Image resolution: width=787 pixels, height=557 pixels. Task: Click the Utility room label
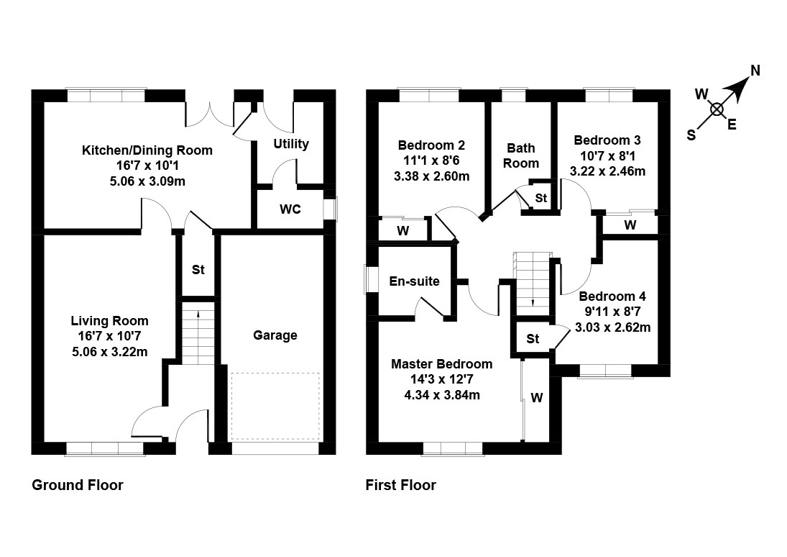pyautogui.click(x=291, y=144)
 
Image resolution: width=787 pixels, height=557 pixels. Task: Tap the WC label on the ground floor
pyautogui.click(x=290, y=209)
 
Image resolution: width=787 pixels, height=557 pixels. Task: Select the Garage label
pyautogui.click(x=275, y=335)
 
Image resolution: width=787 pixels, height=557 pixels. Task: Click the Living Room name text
pyautogui.click(x=109, y=321)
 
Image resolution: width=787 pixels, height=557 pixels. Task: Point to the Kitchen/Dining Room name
pyautogui.click(x=147, y=150)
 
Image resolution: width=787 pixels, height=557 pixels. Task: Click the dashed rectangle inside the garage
pyautogui.click(x=275, y=406)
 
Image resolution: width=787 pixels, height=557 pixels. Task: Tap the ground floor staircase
pyautogui.click(x=197, y=334)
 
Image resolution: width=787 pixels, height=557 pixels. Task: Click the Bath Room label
pyautogui.click(x=521, y=155)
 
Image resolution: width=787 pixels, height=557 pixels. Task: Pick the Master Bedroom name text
pyautogui.click(x=441, y=364)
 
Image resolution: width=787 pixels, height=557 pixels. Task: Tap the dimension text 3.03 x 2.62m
pyautogui.click(x=613, y=327)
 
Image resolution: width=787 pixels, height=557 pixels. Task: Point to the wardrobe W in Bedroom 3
pyautogui.click(x=630, y=225)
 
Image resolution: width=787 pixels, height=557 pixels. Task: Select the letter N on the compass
pyautogui.click(x=755, y=71)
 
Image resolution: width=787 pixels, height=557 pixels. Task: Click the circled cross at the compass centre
pyautogui.click(x=717, y=109)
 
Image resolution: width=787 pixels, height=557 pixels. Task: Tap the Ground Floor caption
pyautogui.click(x=78, y=485)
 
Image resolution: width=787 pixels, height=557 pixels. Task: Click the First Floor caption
pyautogui.click(x=400, y=485)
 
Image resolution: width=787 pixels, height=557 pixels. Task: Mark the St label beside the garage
pyautogui.click(x=198, y=270)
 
